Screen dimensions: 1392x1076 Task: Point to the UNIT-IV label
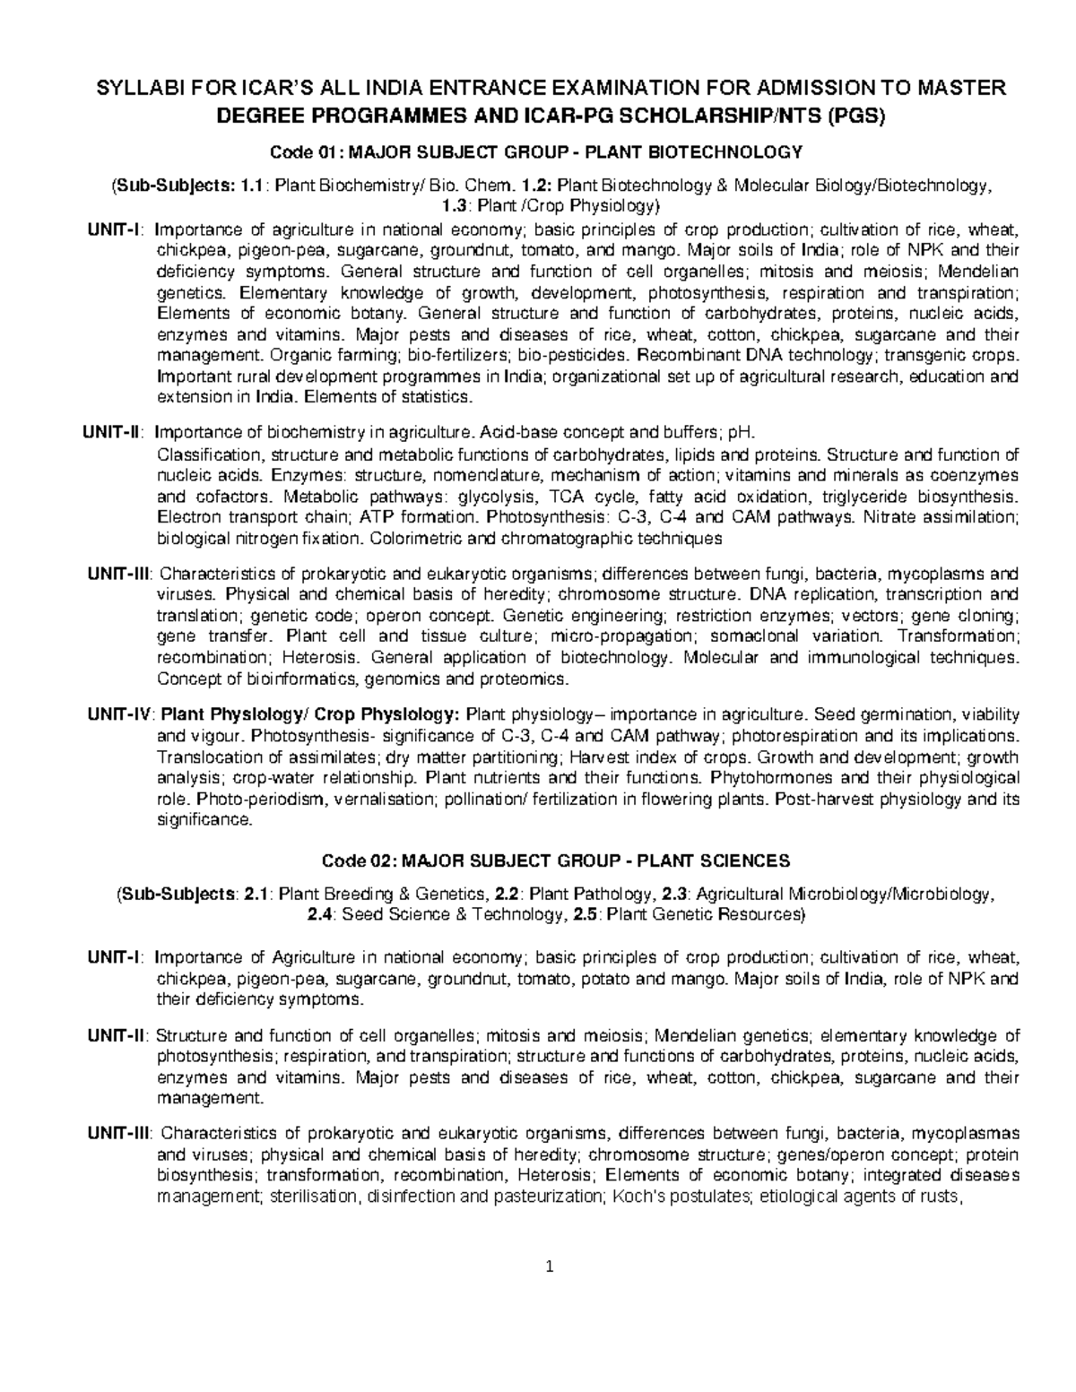121,714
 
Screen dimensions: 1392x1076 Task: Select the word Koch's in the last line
633,1195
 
